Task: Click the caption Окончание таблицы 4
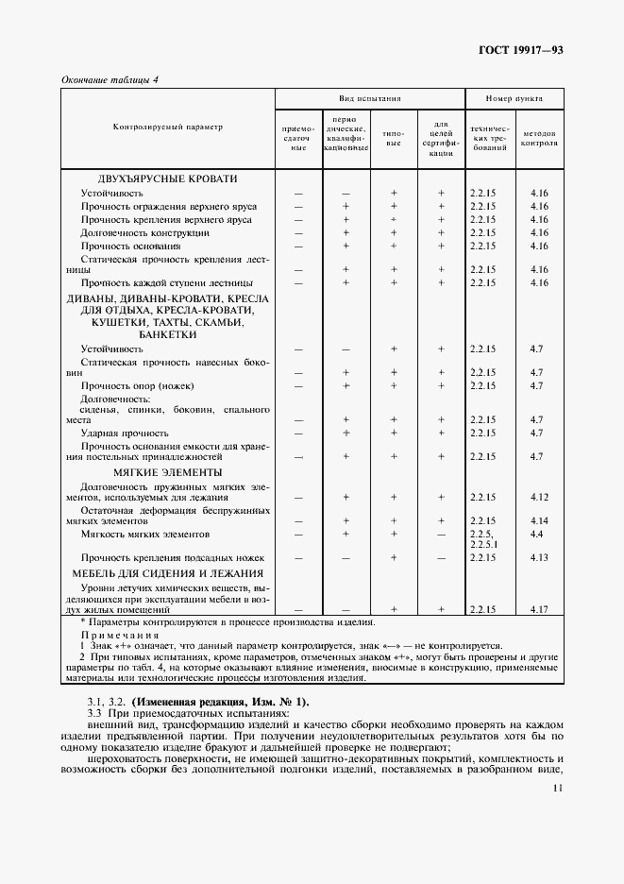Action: (x=110, y=79)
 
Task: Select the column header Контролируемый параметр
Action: (x=168, y=127)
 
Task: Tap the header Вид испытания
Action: (x=370, y=98)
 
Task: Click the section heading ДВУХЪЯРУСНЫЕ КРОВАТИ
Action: (x=167, y=178)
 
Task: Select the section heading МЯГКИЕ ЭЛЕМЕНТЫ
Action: (x=167, y=471)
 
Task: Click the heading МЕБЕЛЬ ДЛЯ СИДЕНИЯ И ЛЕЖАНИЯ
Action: (x=167, y=573)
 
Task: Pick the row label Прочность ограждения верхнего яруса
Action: (x=169, y=206)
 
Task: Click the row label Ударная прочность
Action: (x=118, y=433)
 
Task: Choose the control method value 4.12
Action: (x=539, y=497)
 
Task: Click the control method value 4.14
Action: (x=539, y=520)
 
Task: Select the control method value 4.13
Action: (x=539, y=558)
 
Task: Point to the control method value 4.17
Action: (x=539, y=609)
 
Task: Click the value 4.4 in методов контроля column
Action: (x=536, y=534)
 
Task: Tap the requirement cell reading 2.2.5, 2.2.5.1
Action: (x=482, y=538)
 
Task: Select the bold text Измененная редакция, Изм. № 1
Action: (x=219, y=702)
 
